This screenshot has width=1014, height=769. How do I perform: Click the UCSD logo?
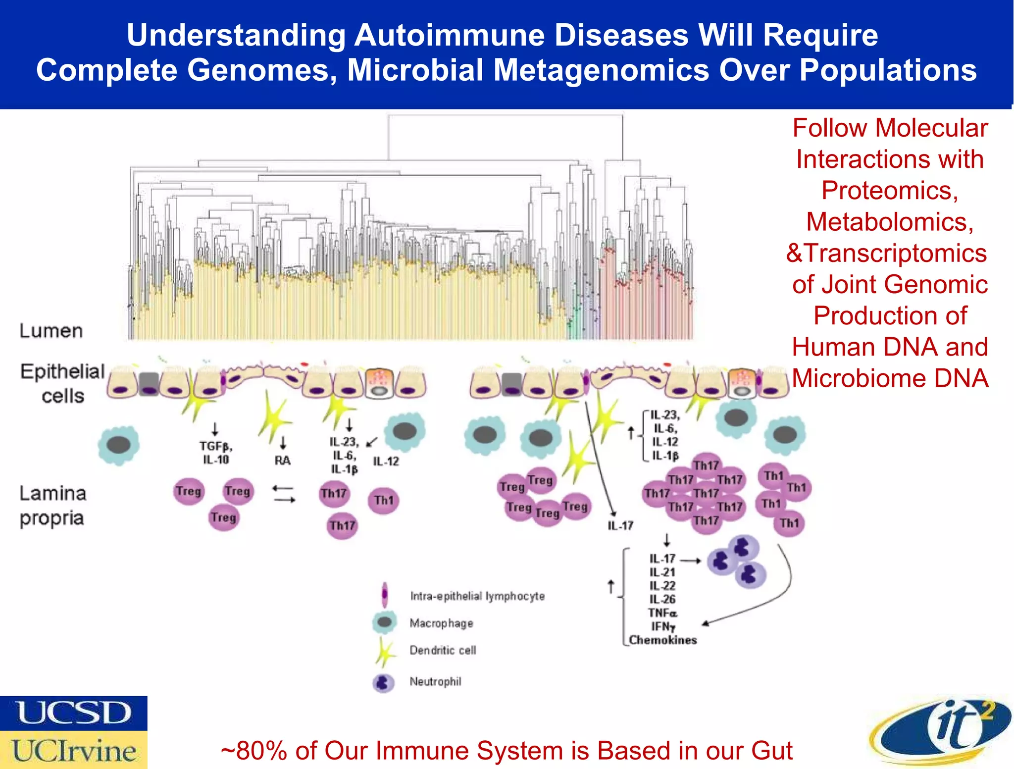73,713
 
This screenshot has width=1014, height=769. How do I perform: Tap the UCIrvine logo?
73,750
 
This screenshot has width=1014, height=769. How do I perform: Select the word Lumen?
51,331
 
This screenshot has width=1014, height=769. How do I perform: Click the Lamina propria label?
52,506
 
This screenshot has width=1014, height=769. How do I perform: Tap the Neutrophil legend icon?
383,683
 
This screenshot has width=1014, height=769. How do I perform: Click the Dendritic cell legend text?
443,650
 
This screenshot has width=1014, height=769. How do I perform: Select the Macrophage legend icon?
385,622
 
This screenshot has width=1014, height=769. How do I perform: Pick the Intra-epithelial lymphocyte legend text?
477,596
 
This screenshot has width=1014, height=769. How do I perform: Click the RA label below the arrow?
282,461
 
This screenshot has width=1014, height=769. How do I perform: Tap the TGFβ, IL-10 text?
216,453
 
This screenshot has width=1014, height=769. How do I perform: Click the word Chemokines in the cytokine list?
662,640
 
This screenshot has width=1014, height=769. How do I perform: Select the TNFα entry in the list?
662,613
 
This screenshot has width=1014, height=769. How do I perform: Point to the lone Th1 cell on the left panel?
384,500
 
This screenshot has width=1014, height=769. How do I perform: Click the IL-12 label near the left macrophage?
386,461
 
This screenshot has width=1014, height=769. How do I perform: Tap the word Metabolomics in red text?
890,221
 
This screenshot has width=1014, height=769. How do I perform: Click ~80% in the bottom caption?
253,750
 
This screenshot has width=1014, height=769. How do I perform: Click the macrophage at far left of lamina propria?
118,445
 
